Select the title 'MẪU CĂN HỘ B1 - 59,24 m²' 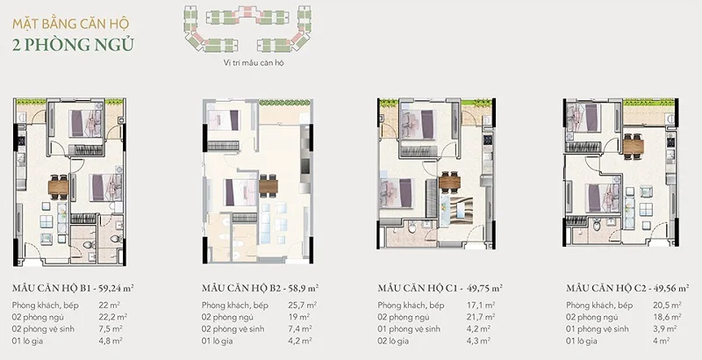tap(79, 287)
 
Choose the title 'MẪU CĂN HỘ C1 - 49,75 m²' tap(440, 287)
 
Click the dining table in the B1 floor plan tap(57, 185)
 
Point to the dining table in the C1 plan tap(449, 182)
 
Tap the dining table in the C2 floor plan tap(634, 145)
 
